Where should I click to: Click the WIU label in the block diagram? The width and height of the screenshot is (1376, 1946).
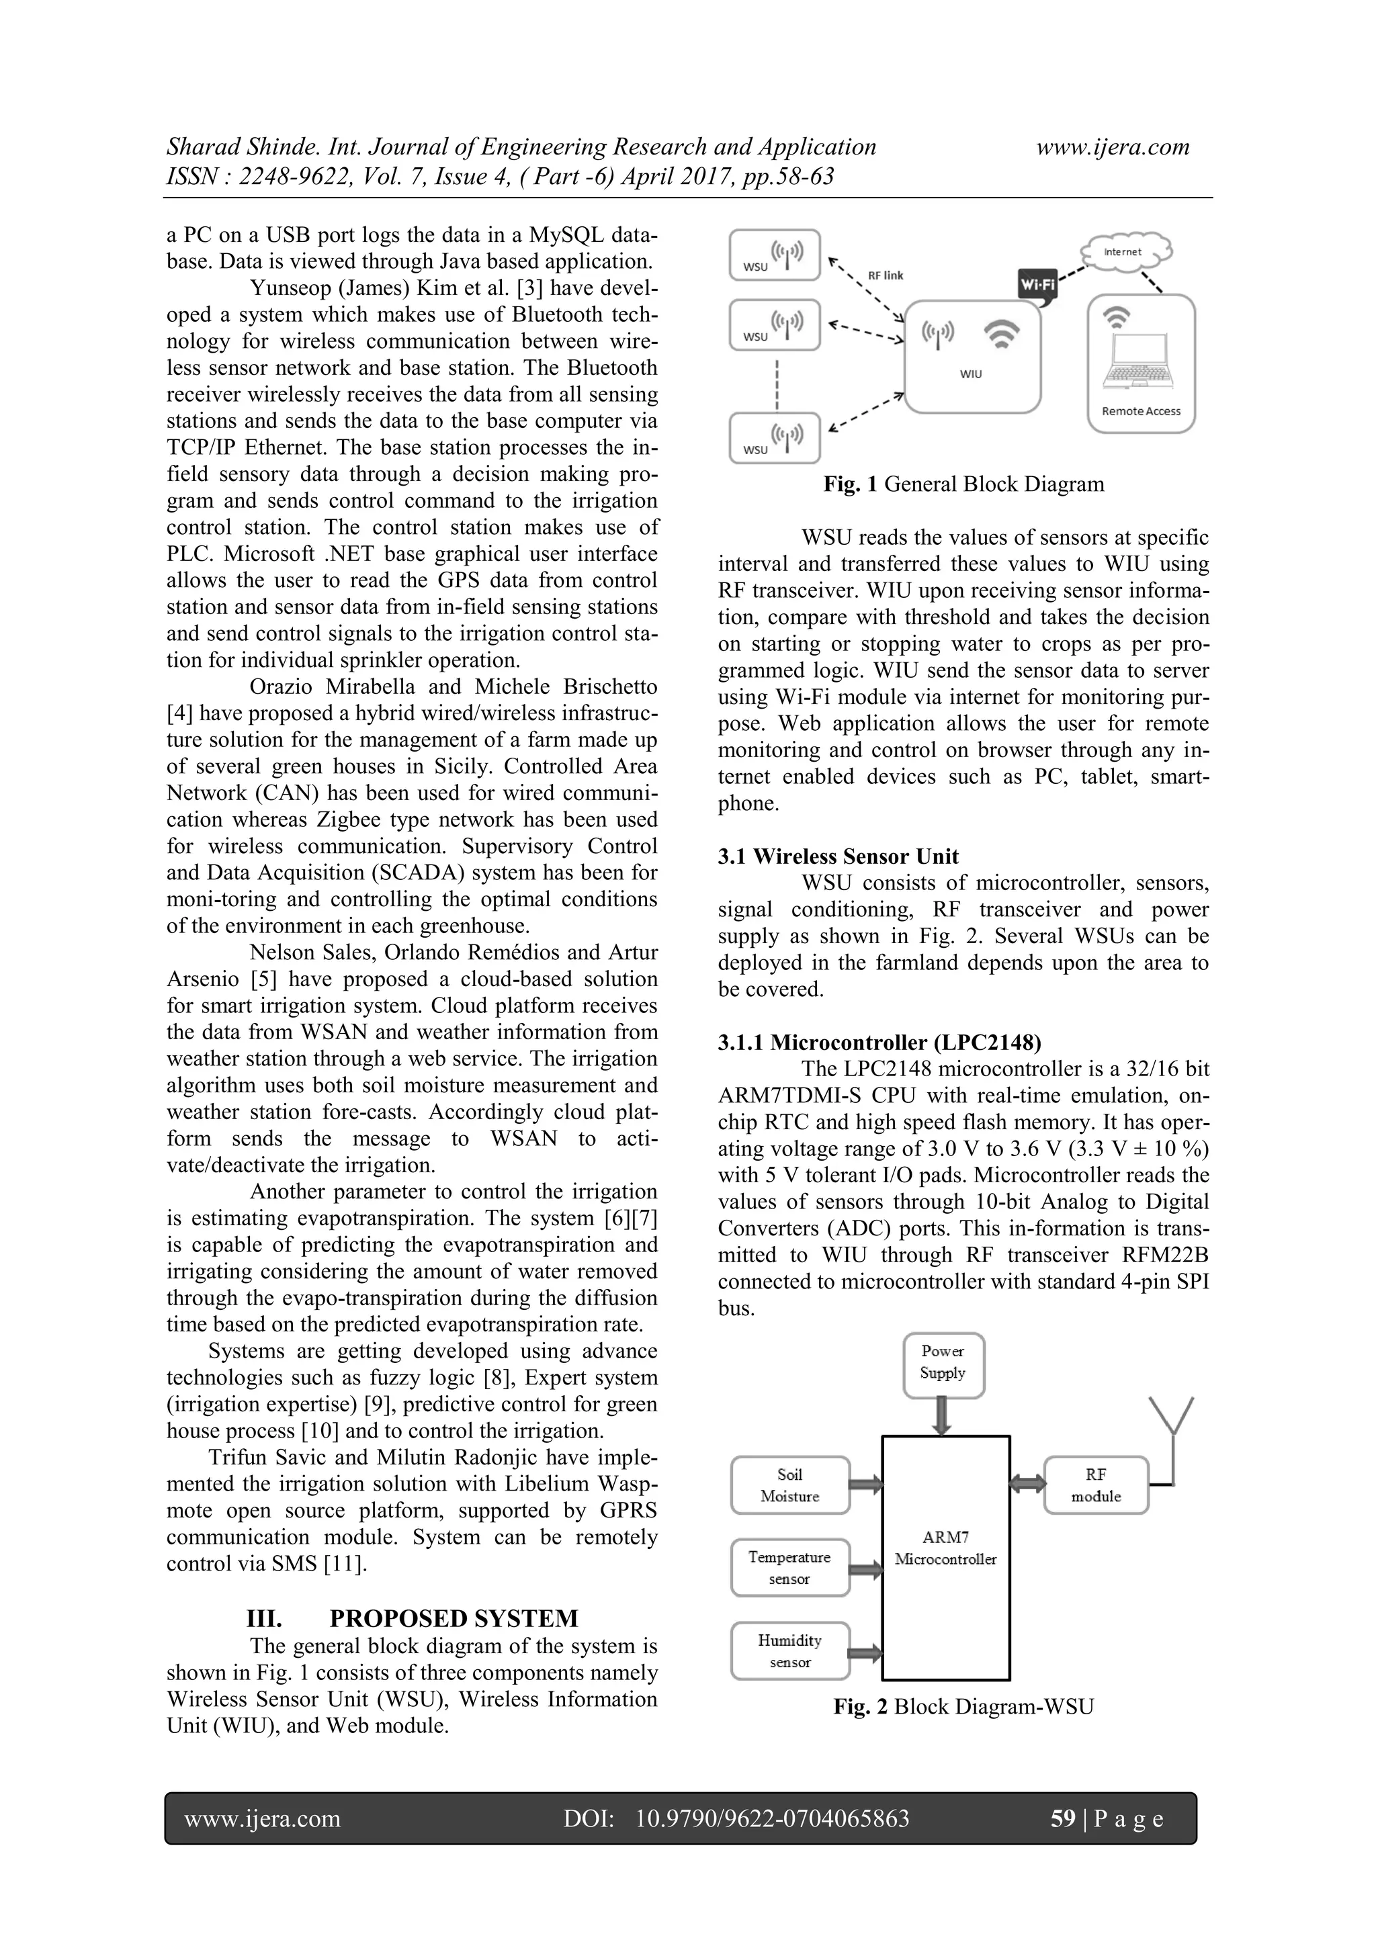tap(972, 373)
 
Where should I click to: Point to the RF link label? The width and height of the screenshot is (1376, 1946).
tap(885, 275)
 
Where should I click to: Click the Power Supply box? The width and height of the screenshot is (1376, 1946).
tap(943, 1362)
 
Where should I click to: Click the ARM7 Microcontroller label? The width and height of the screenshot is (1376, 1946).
tap(945, 1548)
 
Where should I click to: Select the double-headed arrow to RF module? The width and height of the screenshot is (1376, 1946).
tap(1027, 1484)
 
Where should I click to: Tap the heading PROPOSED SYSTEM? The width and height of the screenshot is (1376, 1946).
tap(454, 1619)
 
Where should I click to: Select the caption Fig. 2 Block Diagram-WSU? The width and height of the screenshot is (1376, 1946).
tap(963, 1706)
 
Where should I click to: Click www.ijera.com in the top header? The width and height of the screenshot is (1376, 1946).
tap(1113, 148)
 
